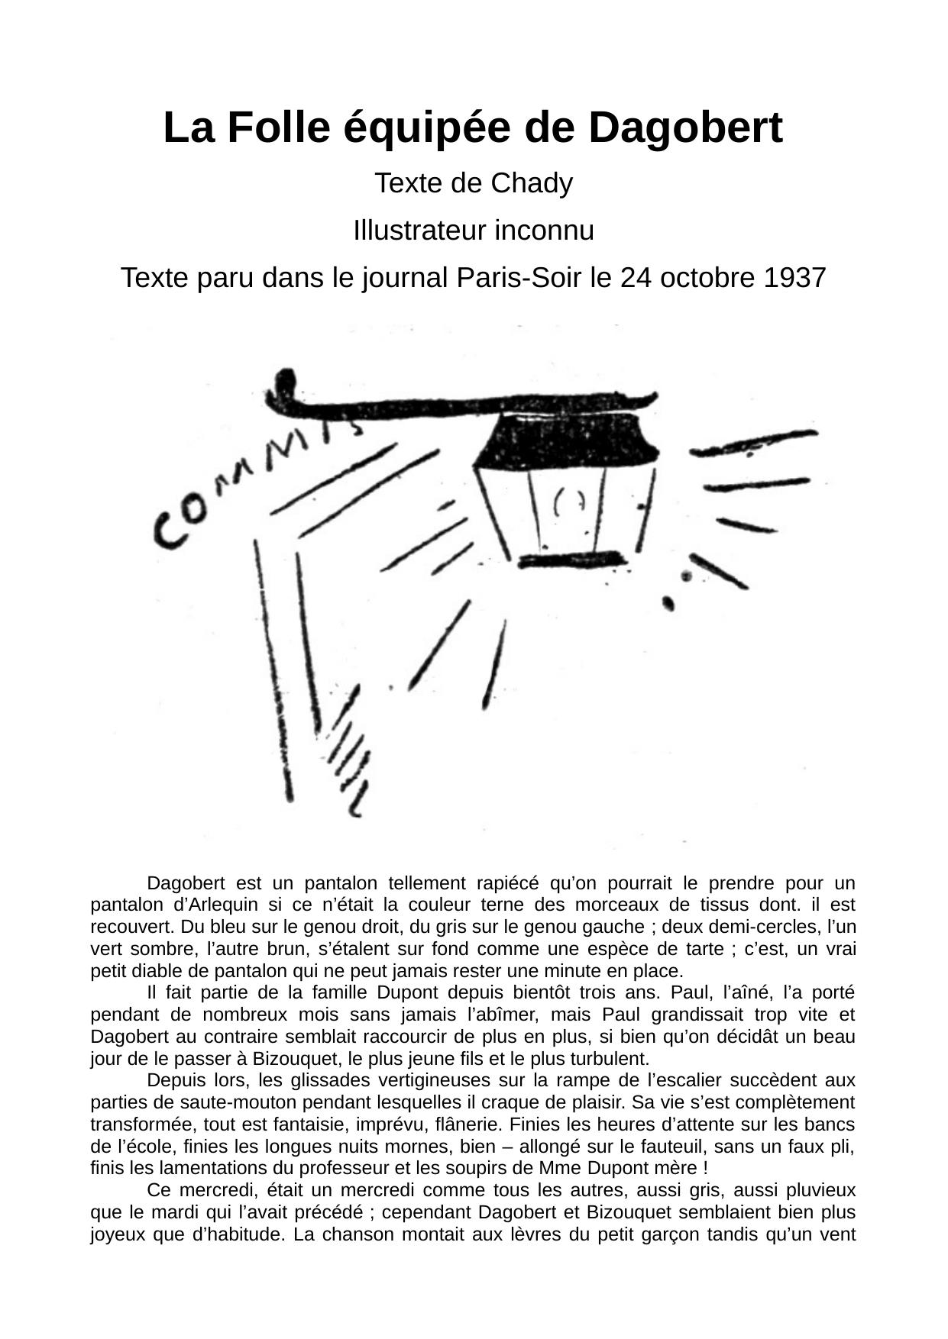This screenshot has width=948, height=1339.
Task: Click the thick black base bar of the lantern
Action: pyautogui.click(x=571, y=561)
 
